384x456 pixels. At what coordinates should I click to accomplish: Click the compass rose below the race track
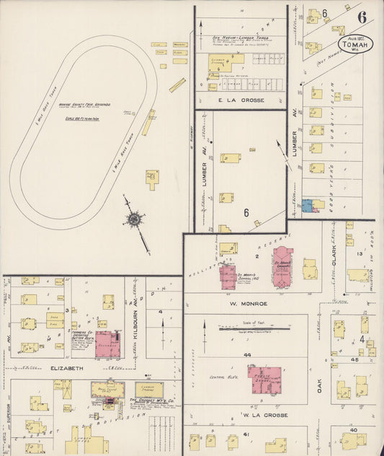click(135, 219)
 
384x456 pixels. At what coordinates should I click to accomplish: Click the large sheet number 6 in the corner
click(361, 17)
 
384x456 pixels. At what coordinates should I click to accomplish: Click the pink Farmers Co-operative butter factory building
click(108, 344)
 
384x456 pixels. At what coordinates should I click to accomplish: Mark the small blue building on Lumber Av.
click(308, 206)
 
